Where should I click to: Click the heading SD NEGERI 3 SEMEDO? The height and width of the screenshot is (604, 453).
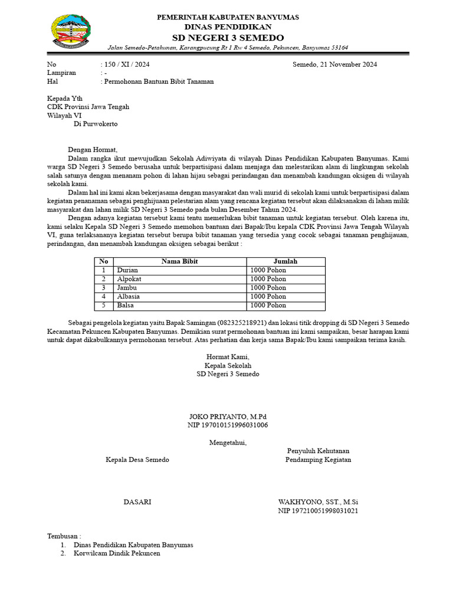[x=228, y=38]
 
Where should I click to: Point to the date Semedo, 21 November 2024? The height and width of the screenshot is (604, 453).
[x=335, y=64]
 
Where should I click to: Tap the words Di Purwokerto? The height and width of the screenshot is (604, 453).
[x=96, y=124]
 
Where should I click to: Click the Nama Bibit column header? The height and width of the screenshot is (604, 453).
[x=180, y=261]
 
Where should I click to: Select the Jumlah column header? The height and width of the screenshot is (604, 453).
[x=285, y=261]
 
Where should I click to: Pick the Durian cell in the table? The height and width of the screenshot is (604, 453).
[x=127, y=270]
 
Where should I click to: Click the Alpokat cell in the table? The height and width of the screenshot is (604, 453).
[x=129, y=279]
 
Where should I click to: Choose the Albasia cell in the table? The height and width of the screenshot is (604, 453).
[x=129, y=297]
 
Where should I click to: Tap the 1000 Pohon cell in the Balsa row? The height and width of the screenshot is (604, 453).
[x=268, y=306]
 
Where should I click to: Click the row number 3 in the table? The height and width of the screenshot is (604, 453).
[x=104, y=288]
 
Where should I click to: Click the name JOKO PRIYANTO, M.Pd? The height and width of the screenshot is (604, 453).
[x=228, y=416]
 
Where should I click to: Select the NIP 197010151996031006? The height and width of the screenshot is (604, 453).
[x=228, y=425]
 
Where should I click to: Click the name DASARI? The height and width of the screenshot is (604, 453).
[x=137, y=502]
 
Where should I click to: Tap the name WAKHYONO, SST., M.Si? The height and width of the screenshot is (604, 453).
[x=318, y=502]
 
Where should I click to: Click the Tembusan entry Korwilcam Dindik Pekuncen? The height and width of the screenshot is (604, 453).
[x=117, y=554]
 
